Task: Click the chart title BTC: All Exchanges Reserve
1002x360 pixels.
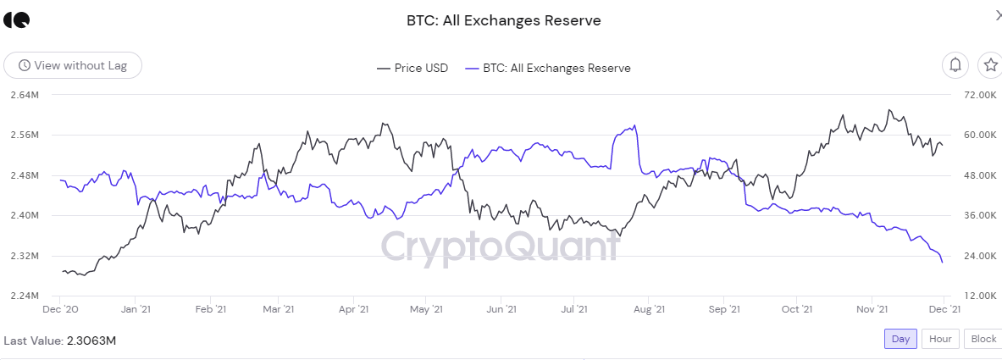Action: tap(503, 20)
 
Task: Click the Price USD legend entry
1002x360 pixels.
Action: tap(412, 68)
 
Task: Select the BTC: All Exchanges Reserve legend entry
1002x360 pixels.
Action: tap(548, 68)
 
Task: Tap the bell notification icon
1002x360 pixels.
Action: tap(955, 64)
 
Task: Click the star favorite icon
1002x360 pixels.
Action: tap(989, 64)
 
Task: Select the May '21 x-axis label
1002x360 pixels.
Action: tap(426, 310)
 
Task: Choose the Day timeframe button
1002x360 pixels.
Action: tap(900, 339)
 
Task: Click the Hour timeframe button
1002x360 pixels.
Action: tap(940, 339)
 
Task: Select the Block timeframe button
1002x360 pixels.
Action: tap(983, 339)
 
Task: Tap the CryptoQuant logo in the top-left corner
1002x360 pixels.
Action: tap(16, 20)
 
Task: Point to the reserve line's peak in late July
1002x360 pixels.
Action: tap(634, 126)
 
